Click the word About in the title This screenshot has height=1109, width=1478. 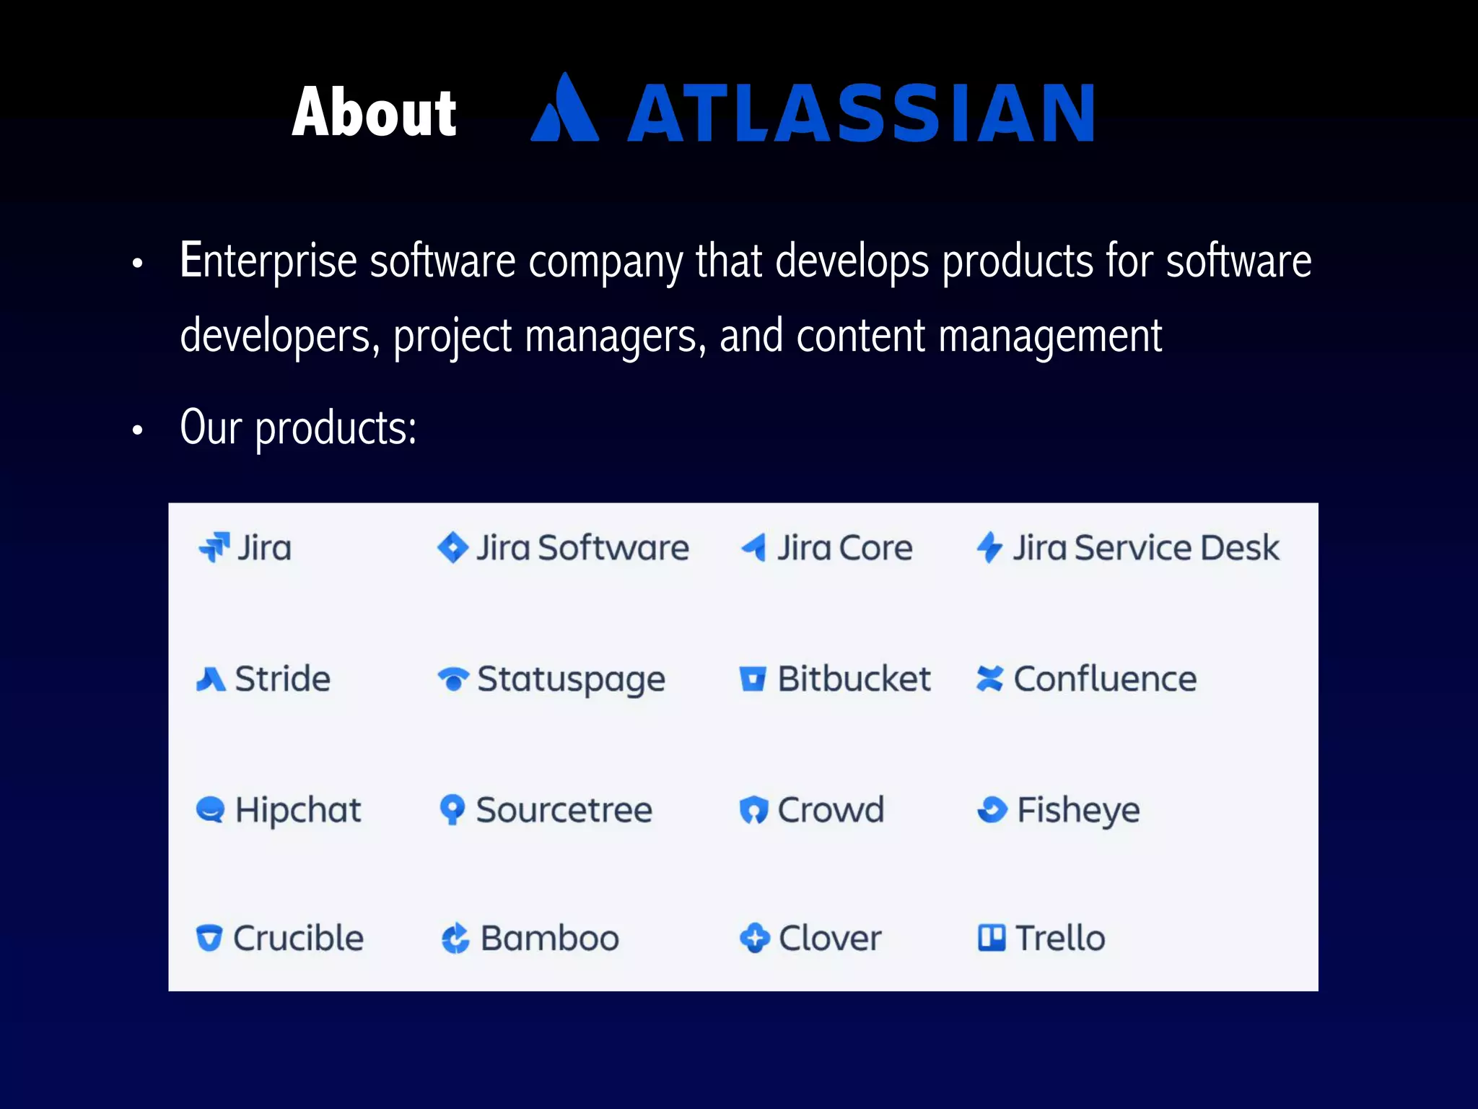tap(374, 112)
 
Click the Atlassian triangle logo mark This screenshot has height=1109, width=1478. tap(565, 110)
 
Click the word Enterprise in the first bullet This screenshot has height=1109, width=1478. tap(268, 261)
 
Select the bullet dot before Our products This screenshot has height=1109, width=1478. tap(138, 431)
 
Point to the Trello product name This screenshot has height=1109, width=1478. tap(1060, 938)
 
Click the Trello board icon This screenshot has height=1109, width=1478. tap(992, 938)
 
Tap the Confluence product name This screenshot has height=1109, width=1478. tap(1105, 679)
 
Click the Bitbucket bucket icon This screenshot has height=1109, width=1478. tap(753, 679)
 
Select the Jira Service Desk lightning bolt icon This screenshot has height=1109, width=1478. tap(989, 547)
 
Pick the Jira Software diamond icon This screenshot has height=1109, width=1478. tap(452, 547)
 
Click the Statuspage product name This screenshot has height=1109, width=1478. tap(571, 679)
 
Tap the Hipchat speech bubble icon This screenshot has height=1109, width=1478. tap(210, 809)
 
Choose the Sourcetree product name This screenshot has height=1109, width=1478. tap(564, 809)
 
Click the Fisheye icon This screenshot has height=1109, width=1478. tap(992, 809)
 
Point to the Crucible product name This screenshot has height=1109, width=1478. tap(298, 938)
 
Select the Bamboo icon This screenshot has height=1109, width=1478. tap(455, 939)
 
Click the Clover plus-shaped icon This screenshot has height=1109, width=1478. tap(754, 938)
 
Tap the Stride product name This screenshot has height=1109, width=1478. tap(282, 679)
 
